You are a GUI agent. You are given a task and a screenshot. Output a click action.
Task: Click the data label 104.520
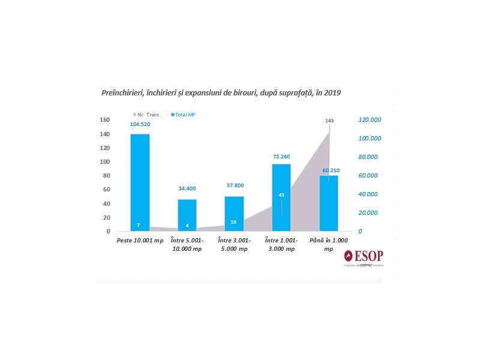[140, 124]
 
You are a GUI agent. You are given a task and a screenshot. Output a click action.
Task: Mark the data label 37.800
[234, 185]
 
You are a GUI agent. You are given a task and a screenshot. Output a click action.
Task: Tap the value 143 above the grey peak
[329, 121]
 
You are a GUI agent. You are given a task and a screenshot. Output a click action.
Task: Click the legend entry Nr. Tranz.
[146, 114]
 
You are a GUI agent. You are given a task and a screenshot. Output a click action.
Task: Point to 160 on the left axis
[104, 120]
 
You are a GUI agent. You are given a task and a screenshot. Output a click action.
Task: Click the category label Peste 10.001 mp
[140, 241]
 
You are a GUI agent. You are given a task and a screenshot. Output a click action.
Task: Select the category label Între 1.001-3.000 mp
[281, 244]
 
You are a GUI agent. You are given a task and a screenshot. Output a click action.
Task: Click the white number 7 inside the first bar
[138, 225]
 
